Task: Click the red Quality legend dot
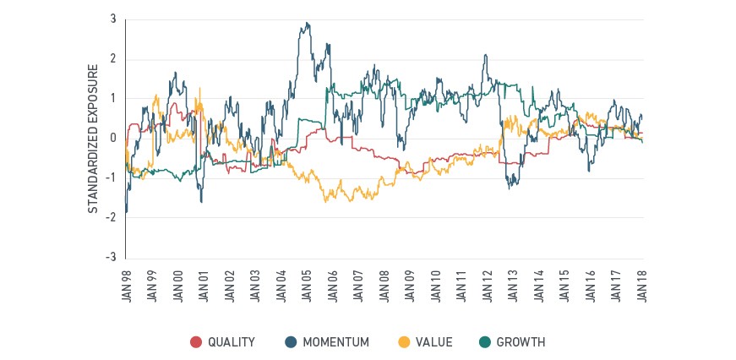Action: click(196, 342)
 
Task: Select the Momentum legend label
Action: click(335, 342)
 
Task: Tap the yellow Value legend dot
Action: click(403, 342)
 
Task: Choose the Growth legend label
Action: click(521, 342)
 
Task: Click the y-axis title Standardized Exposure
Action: click(94, 139)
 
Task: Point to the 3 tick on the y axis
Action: click(113, 19)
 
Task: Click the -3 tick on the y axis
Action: click(112, 258)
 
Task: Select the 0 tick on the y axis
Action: click(113, 139)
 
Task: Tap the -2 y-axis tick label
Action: click(112, 218)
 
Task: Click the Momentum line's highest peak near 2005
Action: click(307, 23)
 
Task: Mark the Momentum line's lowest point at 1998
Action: click(126, 212)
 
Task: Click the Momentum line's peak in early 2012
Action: click(485, 55)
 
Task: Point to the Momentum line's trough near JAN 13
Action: click(510, 188)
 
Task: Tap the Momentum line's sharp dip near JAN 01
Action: click(201, 202)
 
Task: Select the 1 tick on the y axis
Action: click(114, 99)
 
